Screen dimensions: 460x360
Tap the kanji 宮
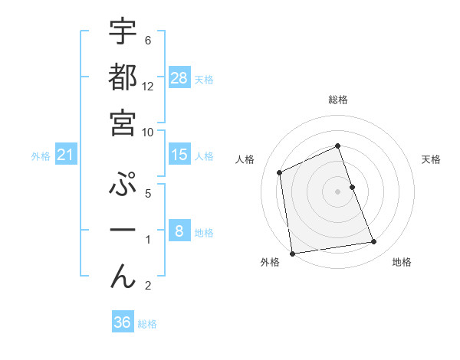123,123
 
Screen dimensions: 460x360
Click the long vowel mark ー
123,231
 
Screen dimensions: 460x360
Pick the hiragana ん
123,277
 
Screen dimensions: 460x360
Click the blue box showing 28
179,77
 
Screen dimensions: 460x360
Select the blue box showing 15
179,155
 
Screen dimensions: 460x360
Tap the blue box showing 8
179,231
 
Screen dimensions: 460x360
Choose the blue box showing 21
66,155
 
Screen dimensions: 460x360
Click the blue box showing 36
122,322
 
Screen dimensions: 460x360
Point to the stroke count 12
148,86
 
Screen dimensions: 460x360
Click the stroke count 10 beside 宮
148,132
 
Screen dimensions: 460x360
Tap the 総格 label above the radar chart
338,100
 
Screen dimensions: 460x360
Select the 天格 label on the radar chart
431,159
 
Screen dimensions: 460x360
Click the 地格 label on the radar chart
402,262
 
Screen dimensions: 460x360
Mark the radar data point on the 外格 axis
292,254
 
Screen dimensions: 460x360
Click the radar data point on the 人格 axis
280,172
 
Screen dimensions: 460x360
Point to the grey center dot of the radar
338,191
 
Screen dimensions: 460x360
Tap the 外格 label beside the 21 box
41,156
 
